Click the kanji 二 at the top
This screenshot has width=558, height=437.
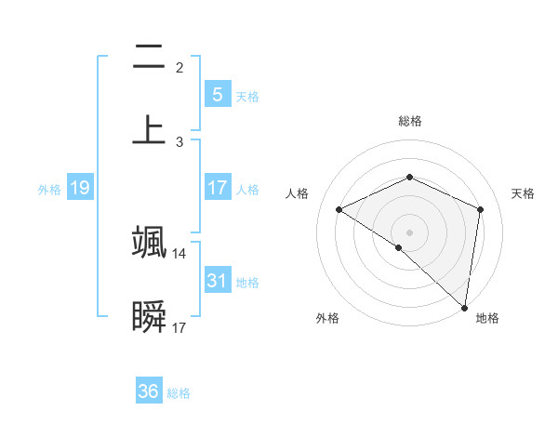pyautogui.click(x=149, y=58)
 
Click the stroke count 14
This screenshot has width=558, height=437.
pyautogui.click(x=179, y=253)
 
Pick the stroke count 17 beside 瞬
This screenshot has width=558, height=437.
pyautogui.click(x=179, y=328)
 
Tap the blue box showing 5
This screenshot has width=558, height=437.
pyautogui.click(x=217, y=95)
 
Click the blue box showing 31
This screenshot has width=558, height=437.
pyautogui.click(x=217, y=280)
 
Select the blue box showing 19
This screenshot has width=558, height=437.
pyautogui.click(x=79, y=189)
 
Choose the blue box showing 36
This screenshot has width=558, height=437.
pyautogui.click(x=148, y=391)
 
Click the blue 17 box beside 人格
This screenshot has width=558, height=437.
pyautogui.click(x=217, y=189)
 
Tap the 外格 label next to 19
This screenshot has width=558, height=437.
pyautogui.click(x=49, y=190)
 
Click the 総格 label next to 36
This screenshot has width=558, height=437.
pyautogui.click(x=179, y=393)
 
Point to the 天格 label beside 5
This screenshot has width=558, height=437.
pyautogui.click(x=247, y=97)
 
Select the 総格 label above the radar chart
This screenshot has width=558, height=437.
pyautogui.click(x=410, y=121)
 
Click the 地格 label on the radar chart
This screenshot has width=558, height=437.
pyautogui.click(x=487, y=318)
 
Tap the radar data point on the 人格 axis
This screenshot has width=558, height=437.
pyautogui.click(x=339, y=210)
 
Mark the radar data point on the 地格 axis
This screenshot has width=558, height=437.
pyautogui.click(x=465, y=308)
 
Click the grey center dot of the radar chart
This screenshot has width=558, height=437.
pyautogui.click(x=410, y=232)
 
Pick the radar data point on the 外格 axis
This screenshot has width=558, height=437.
pyautogui.click(x=399, y=247)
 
